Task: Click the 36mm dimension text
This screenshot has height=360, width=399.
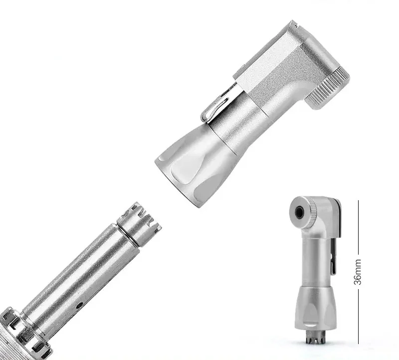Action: [x=358, y=272]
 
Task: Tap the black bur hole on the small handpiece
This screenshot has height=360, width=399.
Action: [x=299, y=212]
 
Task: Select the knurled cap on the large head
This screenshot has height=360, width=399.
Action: [x=328, y=88]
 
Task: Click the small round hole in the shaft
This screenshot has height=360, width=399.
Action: [x=80, y=305]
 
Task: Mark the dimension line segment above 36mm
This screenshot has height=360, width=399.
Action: [x=358, y=227]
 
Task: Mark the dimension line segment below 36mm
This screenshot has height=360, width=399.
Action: [x=358, y=317]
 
